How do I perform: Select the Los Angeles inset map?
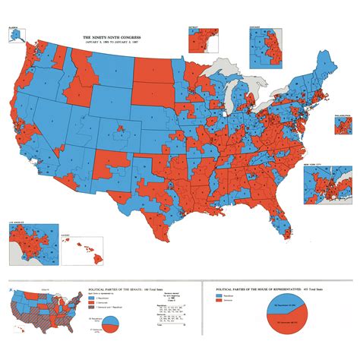click(30, 242)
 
